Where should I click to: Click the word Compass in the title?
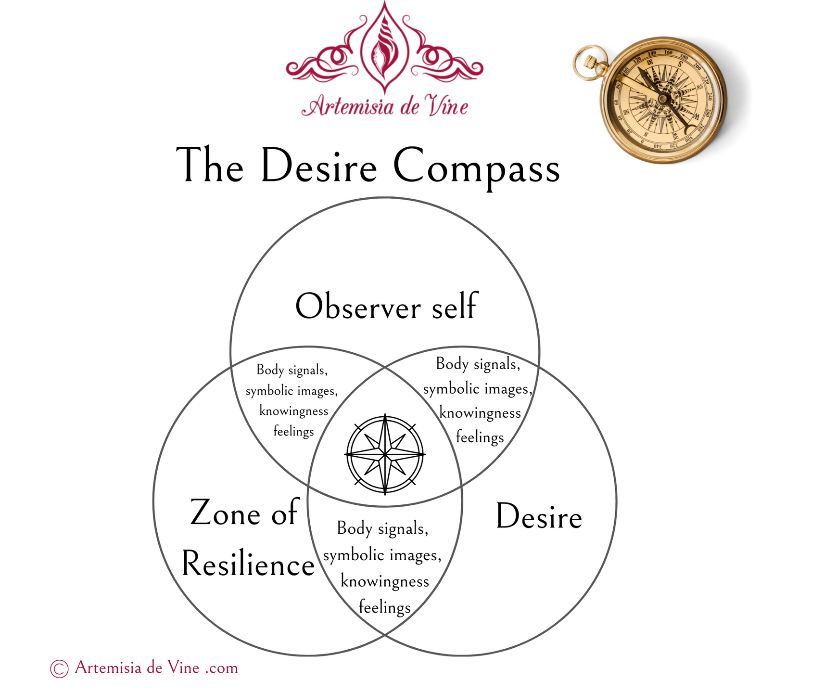point(476,166)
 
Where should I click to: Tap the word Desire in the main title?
point(318,166)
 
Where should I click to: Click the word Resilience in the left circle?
point(248,564)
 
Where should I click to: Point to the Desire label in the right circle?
point(539,517)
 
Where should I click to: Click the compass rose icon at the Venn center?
point(385,454)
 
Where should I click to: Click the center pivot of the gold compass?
point(663,99)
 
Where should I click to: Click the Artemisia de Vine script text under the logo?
point(385,106)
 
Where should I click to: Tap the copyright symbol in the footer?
point(59,668)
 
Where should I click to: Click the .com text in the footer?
point(222,668)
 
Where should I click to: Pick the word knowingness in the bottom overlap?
point(385,581)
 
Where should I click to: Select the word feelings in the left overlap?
point(293,431)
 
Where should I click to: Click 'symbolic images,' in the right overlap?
point(478,388)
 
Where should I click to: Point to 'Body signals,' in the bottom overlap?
point(382,528)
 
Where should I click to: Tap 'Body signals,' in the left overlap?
point(292,370)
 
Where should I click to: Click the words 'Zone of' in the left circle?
point(244,513)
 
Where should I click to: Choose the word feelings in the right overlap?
point(480,437)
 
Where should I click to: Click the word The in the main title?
point(210,166)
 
